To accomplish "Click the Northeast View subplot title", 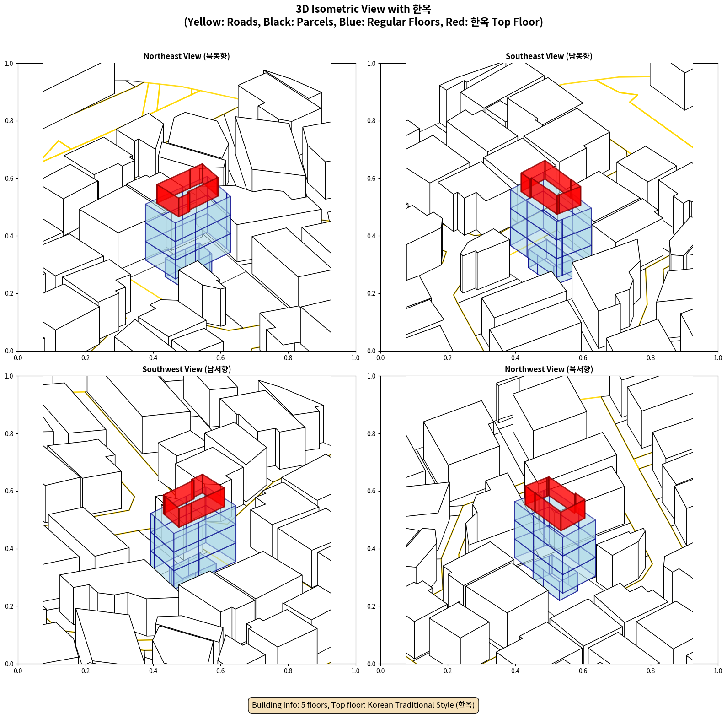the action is point(187,56).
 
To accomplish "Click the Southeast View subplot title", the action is point(549,56).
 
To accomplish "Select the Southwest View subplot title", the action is point(187,369).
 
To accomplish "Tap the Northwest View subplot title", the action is point(549,369).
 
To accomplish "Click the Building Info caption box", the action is point(363,705).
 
